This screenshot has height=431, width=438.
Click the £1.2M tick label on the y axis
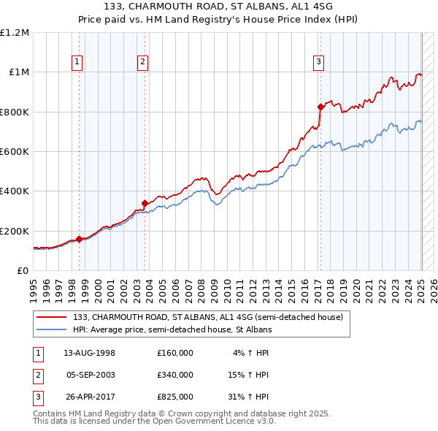(15, 33)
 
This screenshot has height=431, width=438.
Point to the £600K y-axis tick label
(15, 152)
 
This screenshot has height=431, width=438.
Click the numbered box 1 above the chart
(77, 62)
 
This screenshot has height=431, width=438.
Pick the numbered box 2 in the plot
(142, 62)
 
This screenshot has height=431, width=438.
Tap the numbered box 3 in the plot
(319, 62)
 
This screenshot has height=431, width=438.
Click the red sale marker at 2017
(320, 107)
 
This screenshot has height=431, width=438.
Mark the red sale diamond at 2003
(145, 203)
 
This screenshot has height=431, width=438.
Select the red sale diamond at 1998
(80, 239)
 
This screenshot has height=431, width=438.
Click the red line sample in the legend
(52, 317)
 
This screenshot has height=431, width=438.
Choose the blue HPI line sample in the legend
(52, 329)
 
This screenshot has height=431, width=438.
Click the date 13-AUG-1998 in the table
(89, 353)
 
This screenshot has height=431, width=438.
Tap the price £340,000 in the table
(174, 375)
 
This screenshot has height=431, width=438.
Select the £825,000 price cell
(174, 397)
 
